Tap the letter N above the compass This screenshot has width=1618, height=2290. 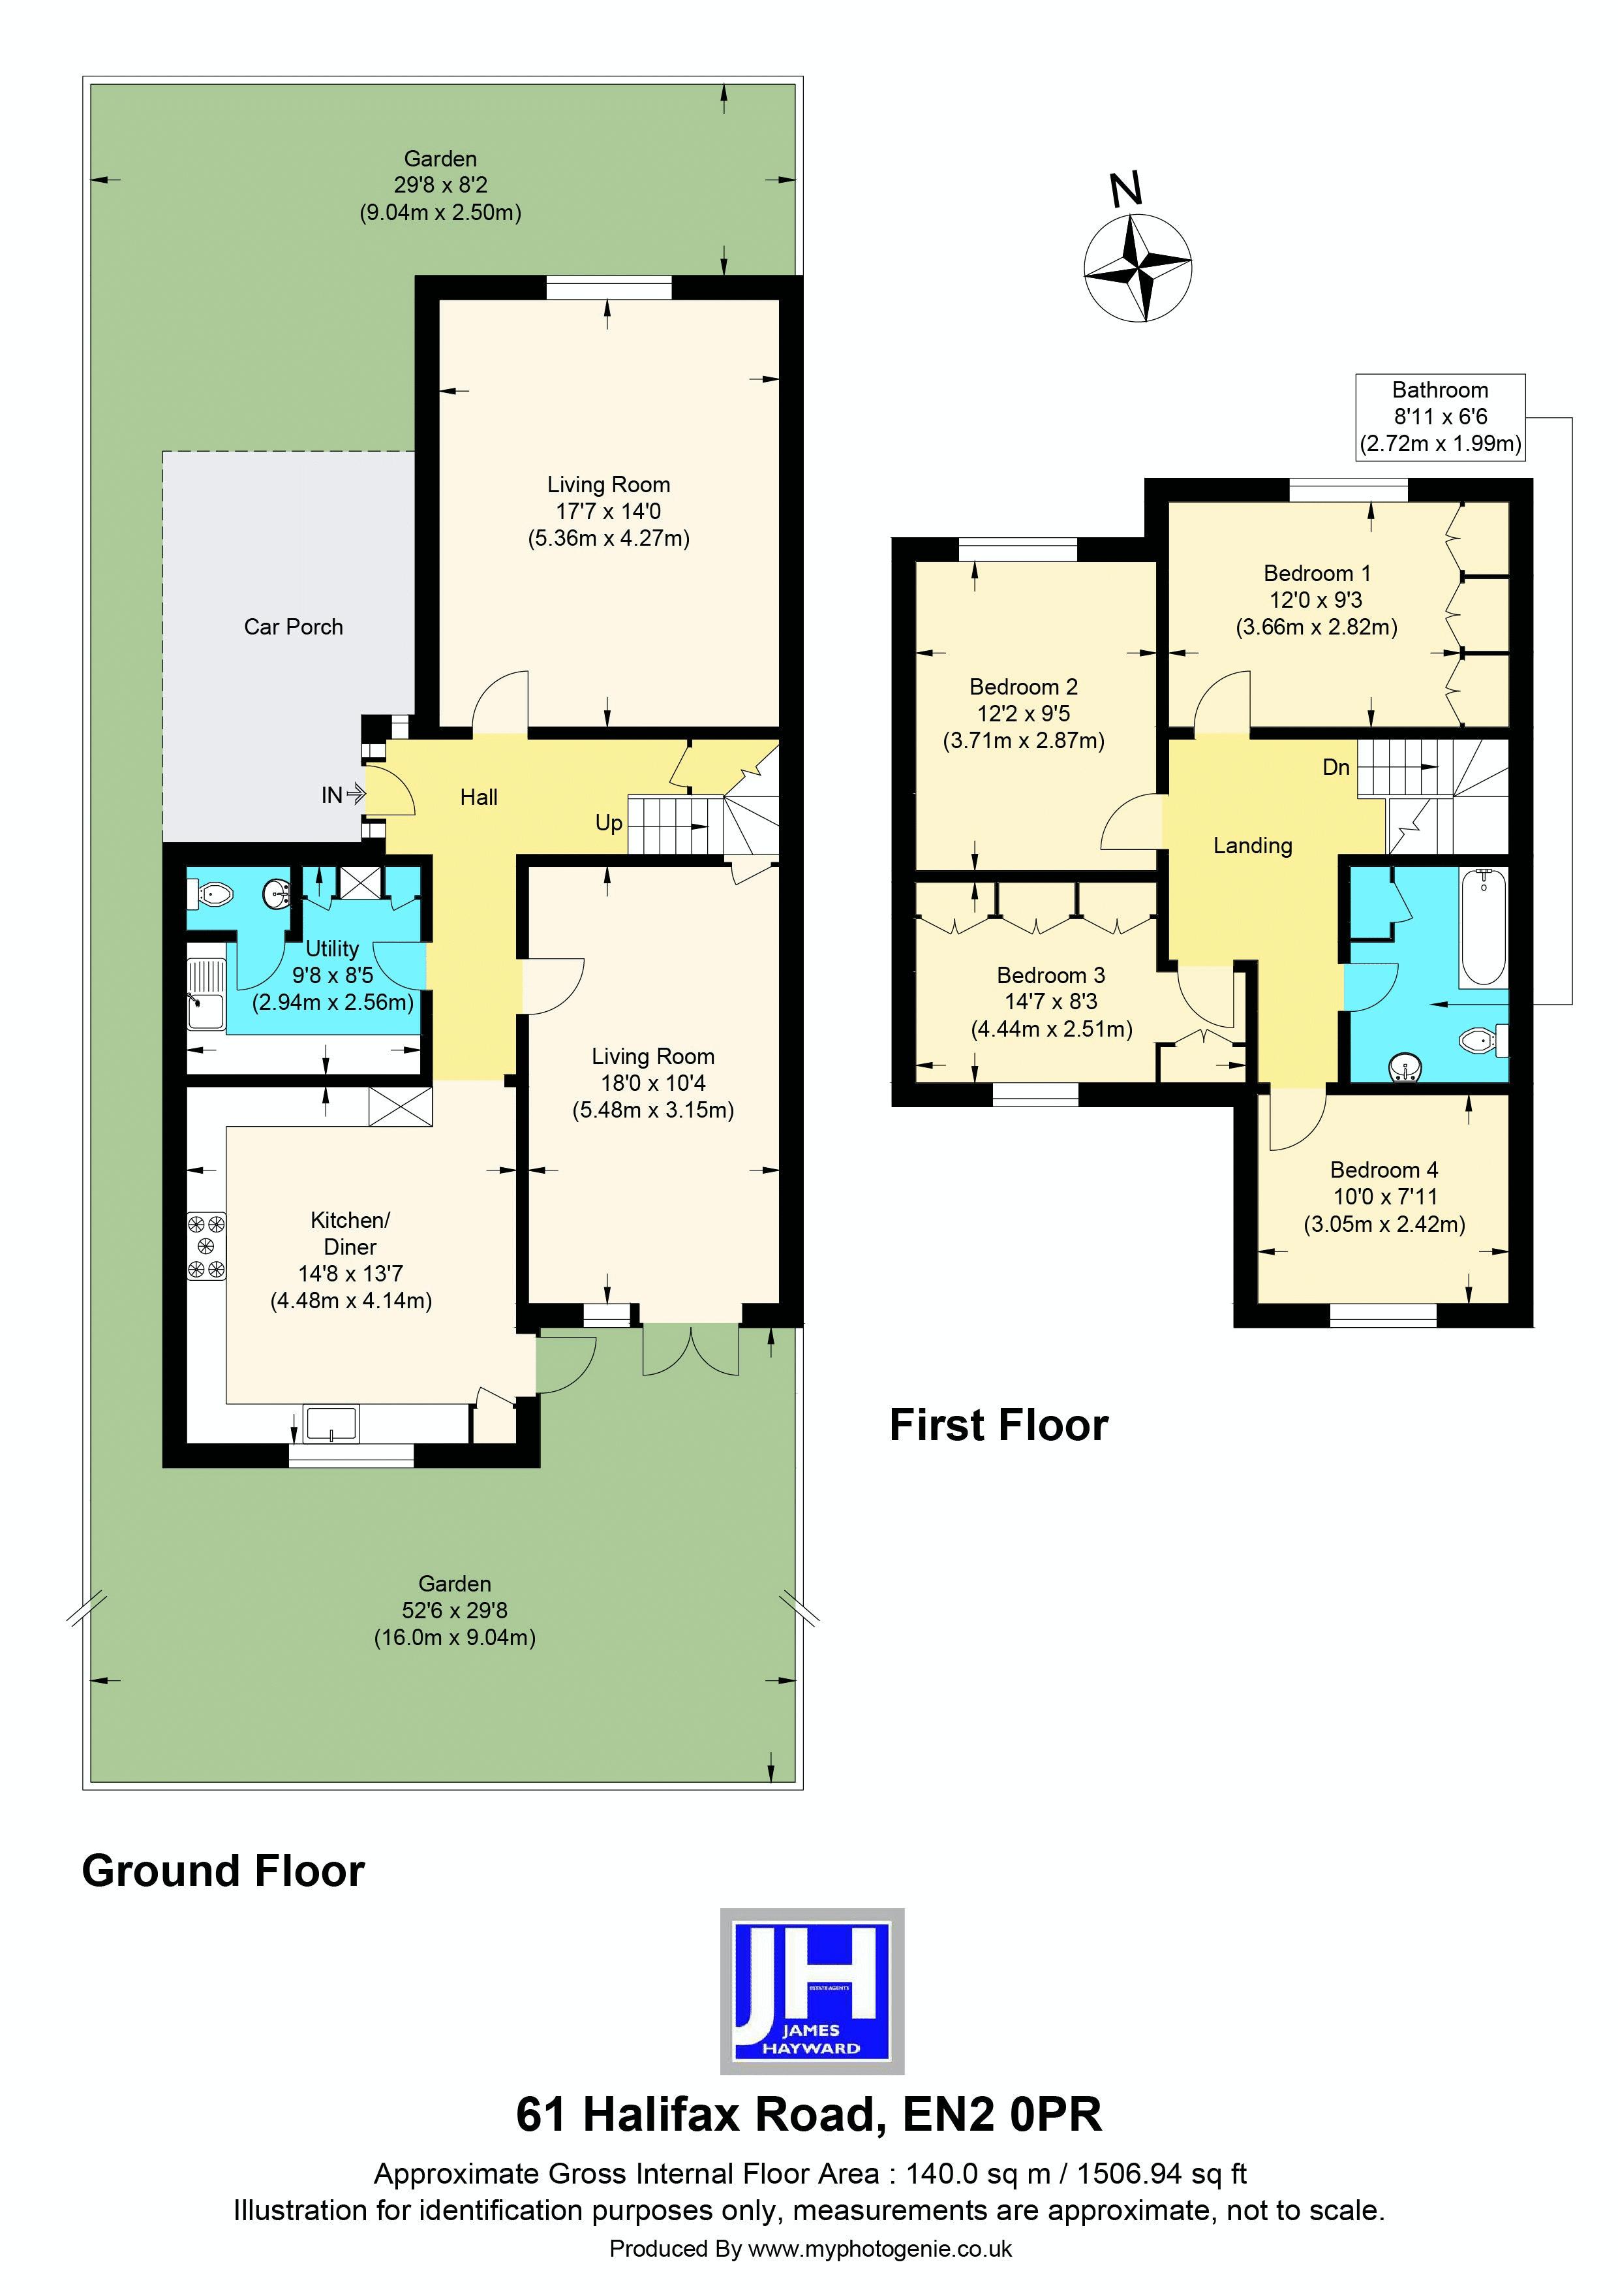1127,189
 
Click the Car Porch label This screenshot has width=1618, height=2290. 293,627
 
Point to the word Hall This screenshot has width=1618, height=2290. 478,797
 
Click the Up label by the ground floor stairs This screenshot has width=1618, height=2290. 608,823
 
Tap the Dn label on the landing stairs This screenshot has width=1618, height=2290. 1336,767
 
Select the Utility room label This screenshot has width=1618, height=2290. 332,949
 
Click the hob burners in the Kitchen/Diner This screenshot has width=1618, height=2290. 206,1246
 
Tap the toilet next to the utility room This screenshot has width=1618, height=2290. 212,896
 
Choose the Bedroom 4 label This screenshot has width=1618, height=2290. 1384,1170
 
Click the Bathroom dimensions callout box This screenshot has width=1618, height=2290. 1439,417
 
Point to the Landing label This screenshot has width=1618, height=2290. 1252,846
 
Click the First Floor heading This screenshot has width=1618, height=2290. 998,1425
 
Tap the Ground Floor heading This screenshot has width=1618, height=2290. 223,1870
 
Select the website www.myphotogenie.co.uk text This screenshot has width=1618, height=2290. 879,2249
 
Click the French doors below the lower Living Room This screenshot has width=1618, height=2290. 691,1349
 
